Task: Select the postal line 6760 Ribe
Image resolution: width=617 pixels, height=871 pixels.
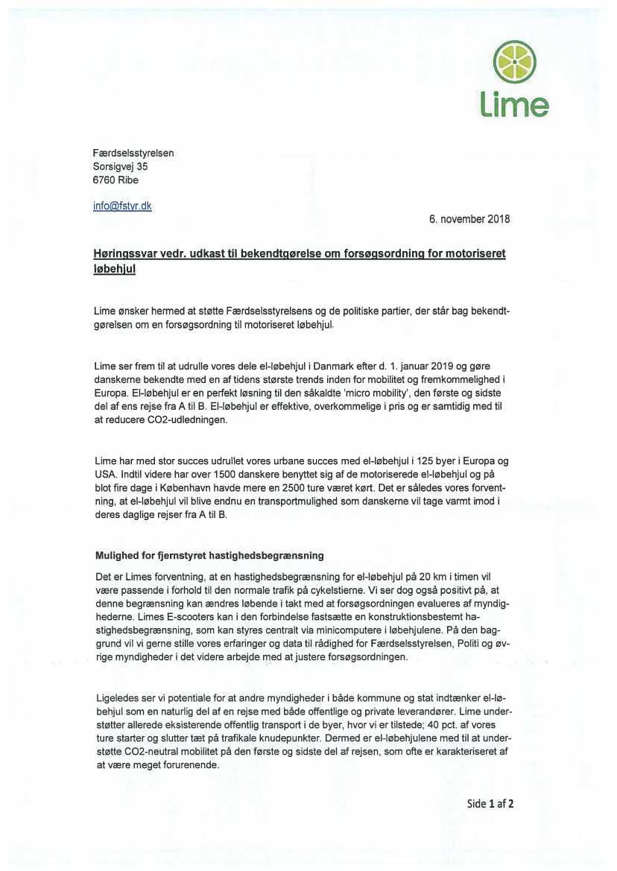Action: click(x=116, y=180)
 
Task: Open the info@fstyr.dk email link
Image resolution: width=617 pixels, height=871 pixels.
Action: click(x=122, y=206)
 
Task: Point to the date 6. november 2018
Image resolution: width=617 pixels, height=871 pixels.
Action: click(x=469, y=219)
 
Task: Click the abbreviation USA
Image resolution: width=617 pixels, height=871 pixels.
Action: click(x=107, y=474)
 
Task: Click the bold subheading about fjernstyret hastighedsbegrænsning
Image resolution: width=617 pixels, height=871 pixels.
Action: click(x=211, y=555)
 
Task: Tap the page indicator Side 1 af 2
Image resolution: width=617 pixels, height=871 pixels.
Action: click(x=490, y=803)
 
